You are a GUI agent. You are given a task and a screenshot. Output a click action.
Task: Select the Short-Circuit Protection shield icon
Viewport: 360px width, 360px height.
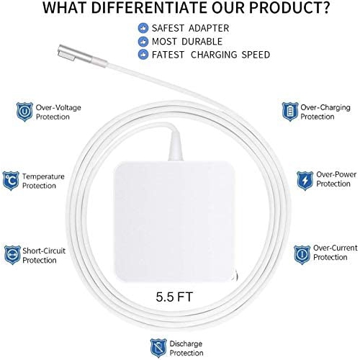point(11,254)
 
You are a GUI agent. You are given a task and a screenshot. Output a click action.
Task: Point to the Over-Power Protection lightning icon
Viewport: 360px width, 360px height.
point(305,179)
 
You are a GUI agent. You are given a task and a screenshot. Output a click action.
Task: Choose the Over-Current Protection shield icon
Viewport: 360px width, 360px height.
point(302,253)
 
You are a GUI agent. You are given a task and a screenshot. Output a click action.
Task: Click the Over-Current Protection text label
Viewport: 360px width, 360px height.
point(336,253)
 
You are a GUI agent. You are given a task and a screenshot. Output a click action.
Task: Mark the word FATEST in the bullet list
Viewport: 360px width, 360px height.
point(171,55)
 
